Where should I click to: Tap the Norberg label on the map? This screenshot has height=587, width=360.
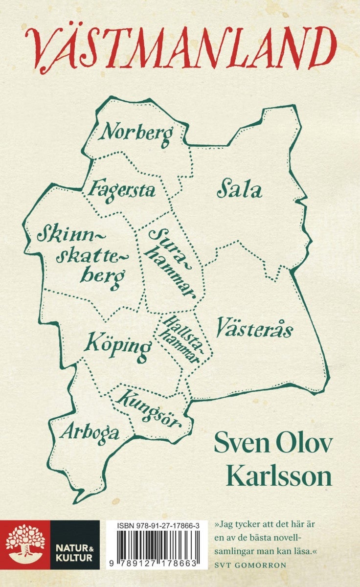(138, 134)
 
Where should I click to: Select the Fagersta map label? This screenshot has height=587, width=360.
(123, 189)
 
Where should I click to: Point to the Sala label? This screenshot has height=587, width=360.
(239, 190)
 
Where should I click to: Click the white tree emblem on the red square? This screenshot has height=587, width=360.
(24, 544)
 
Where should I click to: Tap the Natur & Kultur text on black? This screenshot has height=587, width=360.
(74, 544)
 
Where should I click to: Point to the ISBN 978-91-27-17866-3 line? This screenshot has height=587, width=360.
(157, 525)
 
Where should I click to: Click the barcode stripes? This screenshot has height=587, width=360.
(157, 545)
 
